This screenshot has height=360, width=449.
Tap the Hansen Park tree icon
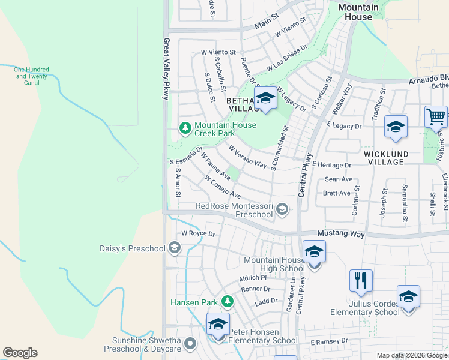[x=227, y=301]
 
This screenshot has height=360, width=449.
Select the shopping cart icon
[x=435, y=116]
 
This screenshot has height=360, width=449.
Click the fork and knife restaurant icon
[x=361, y=280]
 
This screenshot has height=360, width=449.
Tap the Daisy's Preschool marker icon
[x=175, y=248]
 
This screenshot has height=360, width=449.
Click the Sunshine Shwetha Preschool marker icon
[x=190, y=344]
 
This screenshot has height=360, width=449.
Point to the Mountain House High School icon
[x=313, y=252]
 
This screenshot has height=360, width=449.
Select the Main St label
[x=267, y=25]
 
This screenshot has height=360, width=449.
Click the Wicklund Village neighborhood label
[x=386, y=158]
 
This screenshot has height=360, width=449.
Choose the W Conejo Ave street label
[x=223, y=187]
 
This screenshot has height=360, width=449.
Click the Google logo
[x=20, y=353]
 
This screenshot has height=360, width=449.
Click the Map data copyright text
[x=412, y=355]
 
